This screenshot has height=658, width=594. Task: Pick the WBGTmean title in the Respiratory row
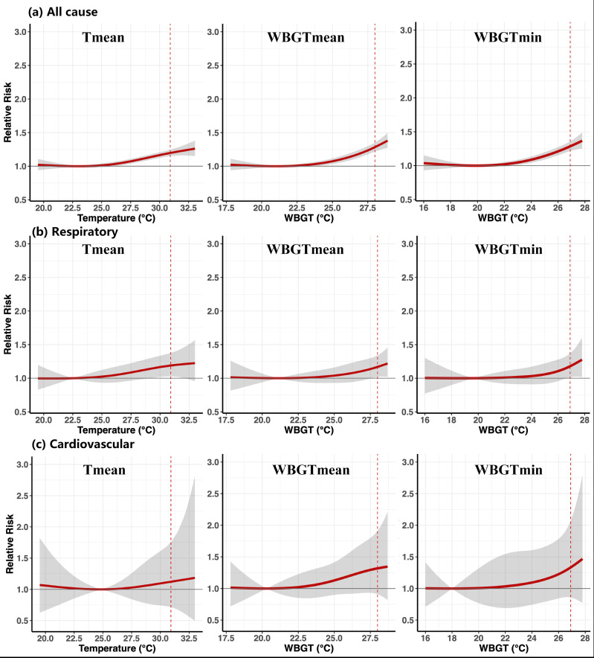305,249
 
